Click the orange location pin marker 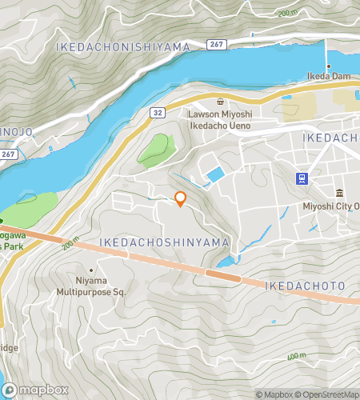pos(180,199)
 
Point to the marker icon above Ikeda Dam pos(327,66)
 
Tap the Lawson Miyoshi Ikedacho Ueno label pos(220,119)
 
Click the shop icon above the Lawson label pos(220,102)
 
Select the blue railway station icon pos(302,178)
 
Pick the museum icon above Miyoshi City pos(339,194)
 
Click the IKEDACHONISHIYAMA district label pos(123,48)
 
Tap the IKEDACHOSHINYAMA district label pos(165,242)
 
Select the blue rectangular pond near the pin pos(214,175)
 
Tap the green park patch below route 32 pos(154,150)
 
